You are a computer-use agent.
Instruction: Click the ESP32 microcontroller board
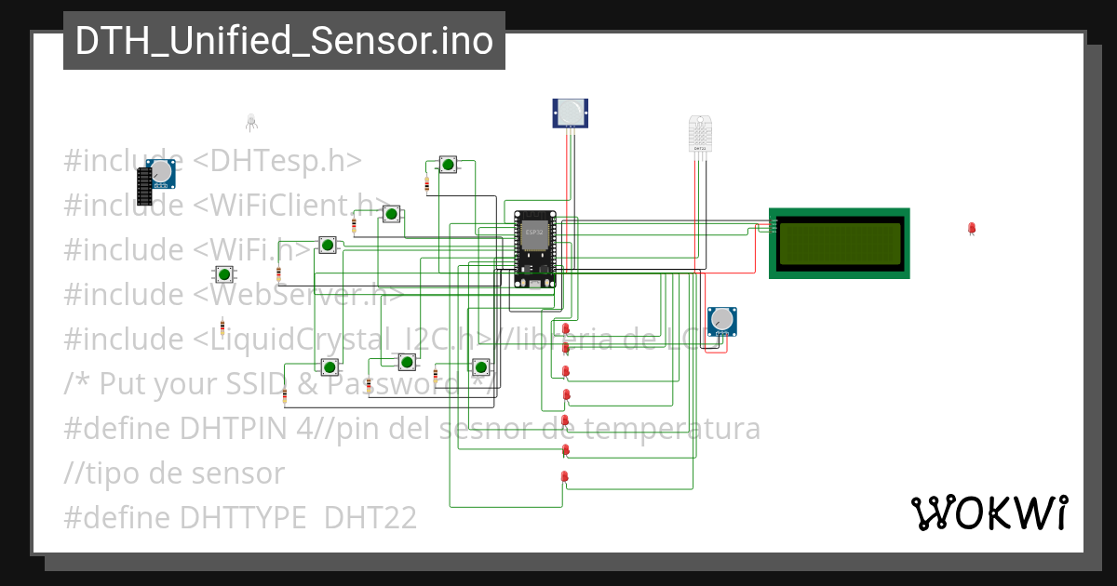click(x=535, y=249)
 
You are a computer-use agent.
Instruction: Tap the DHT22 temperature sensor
click(x=700, y=134)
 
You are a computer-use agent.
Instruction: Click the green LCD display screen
click(x=840, y=242)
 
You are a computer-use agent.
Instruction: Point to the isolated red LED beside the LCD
click(x=972, y=228)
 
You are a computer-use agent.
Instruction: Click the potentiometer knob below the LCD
click(x=721, y=321)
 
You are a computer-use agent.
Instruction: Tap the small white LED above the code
click(x=250, y=121)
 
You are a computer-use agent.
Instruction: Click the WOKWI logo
click(x=989, y=513)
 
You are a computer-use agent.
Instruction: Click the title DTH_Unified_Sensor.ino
click(x=284, y=41)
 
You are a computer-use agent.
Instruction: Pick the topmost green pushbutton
click(x=448, y=165)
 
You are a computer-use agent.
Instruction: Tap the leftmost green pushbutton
click(x=223, y=273)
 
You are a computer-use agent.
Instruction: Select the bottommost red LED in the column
click(x=564, y=477)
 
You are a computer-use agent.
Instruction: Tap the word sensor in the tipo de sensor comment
click(x=241, y=473)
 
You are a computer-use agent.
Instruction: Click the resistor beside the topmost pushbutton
click(x=427, y=184)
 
